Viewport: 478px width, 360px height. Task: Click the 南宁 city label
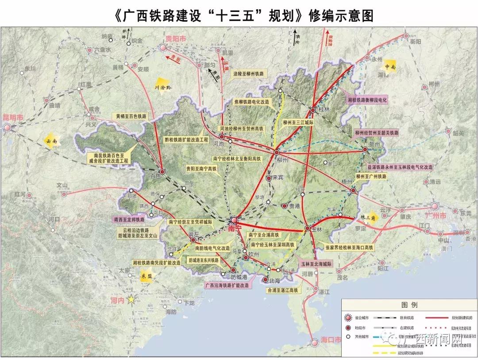[x=233, y=229]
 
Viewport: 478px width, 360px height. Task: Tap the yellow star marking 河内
[x=131, y=300]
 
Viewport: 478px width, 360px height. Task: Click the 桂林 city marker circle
[x=313, y=110]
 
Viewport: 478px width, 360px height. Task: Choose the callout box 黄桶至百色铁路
[x=131, y=116]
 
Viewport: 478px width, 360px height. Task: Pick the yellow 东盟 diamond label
[x=146, y=276]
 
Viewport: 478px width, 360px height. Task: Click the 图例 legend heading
[x=409, y=306]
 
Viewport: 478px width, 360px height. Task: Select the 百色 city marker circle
[x=162, y=172]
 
